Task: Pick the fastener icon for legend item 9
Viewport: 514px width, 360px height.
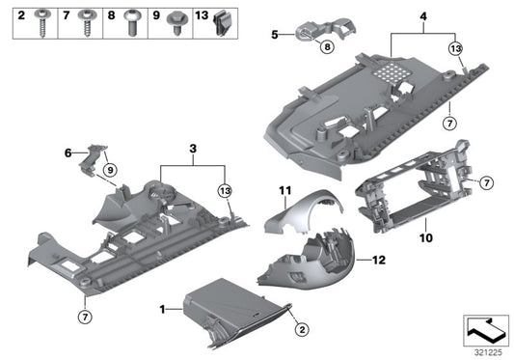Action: (x=176, y=20)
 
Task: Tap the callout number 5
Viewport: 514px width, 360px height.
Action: (x=273, y=35)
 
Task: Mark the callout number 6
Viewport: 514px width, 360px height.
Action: (x=68, y=152)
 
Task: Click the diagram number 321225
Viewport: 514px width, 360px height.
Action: (x=489, y=352)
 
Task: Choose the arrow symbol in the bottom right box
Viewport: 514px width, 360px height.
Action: (x=485, y=329)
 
